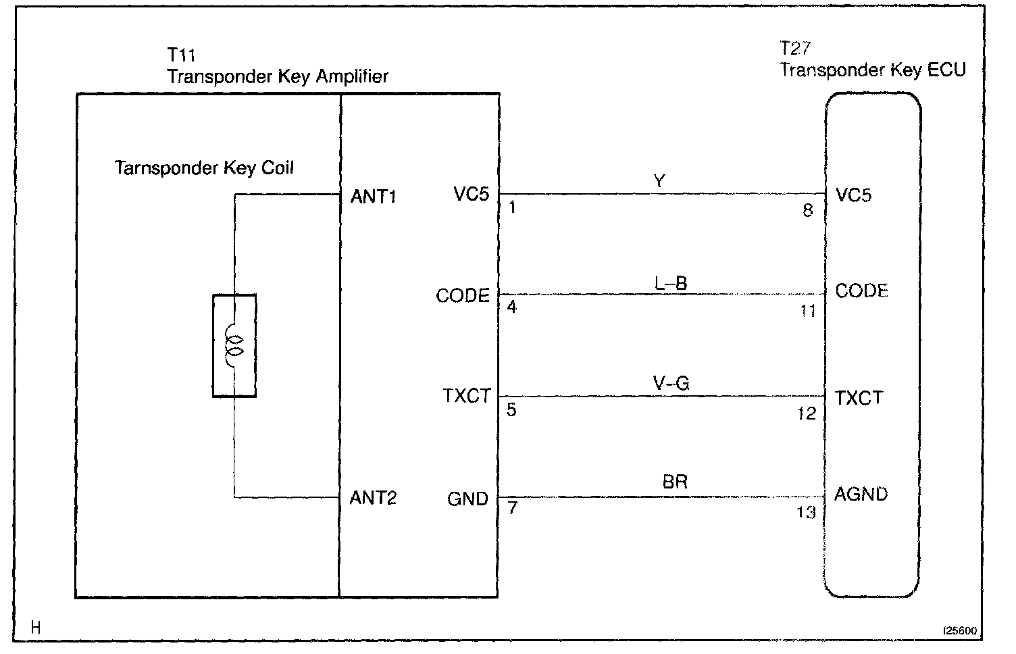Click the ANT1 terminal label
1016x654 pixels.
(374, 197)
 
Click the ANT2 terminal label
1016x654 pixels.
(373, 499)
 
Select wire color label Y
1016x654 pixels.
(660, 181)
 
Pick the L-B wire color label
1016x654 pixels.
(671, 283)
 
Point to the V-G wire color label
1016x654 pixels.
(671, 384)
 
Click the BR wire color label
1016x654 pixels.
(675, 482)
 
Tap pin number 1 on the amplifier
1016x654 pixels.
(512, 207)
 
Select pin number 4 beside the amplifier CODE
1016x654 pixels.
(512, 307)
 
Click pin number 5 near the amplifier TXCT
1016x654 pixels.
(511, 409)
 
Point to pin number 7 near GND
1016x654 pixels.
(512, 508)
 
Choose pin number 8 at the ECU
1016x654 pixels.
(808, 210)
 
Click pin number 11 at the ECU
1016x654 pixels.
(808, 311)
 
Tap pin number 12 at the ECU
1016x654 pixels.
(807, 413)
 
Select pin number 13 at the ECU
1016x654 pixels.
(806, 512)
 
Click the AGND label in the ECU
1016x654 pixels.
(861, 495)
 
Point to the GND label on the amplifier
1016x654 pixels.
(467, 499)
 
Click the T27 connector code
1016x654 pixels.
(795, 49)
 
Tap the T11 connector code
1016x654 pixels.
(181, 54)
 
